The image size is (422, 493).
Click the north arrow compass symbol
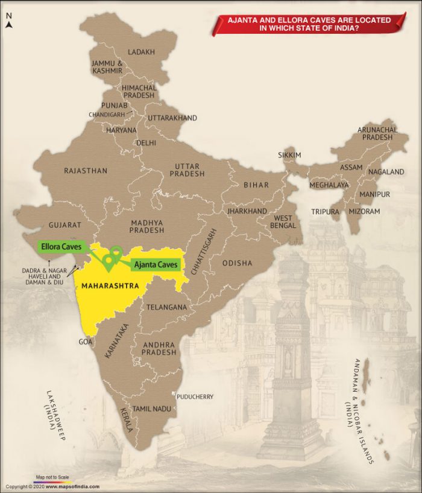8,23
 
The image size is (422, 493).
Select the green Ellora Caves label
60,247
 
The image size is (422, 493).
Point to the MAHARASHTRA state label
110,285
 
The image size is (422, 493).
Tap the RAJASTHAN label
86,171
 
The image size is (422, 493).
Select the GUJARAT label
65,224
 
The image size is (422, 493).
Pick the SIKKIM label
289,155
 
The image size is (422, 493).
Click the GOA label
85,342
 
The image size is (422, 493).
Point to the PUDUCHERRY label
195,396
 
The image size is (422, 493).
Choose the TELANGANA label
166,307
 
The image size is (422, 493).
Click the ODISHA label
238,264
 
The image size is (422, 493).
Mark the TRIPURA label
326,212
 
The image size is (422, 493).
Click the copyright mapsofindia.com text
52,486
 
